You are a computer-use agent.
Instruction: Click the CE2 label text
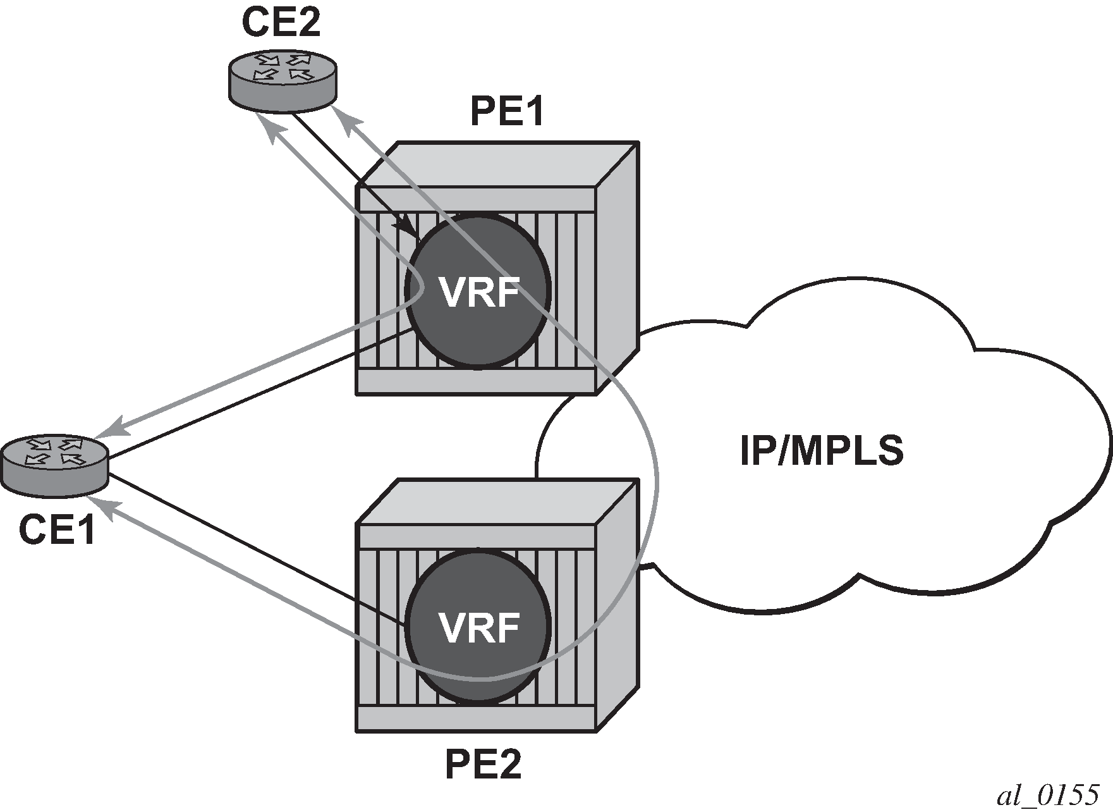[x=281, y=23]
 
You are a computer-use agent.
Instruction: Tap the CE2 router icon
[x=282, y=79]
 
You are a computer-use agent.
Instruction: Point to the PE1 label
[x=507, y=113]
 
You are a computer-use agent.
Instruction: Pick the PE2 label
[x=484, y=765]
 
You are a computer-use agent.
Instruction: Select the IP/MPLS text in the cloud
[x=822, y=450]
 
